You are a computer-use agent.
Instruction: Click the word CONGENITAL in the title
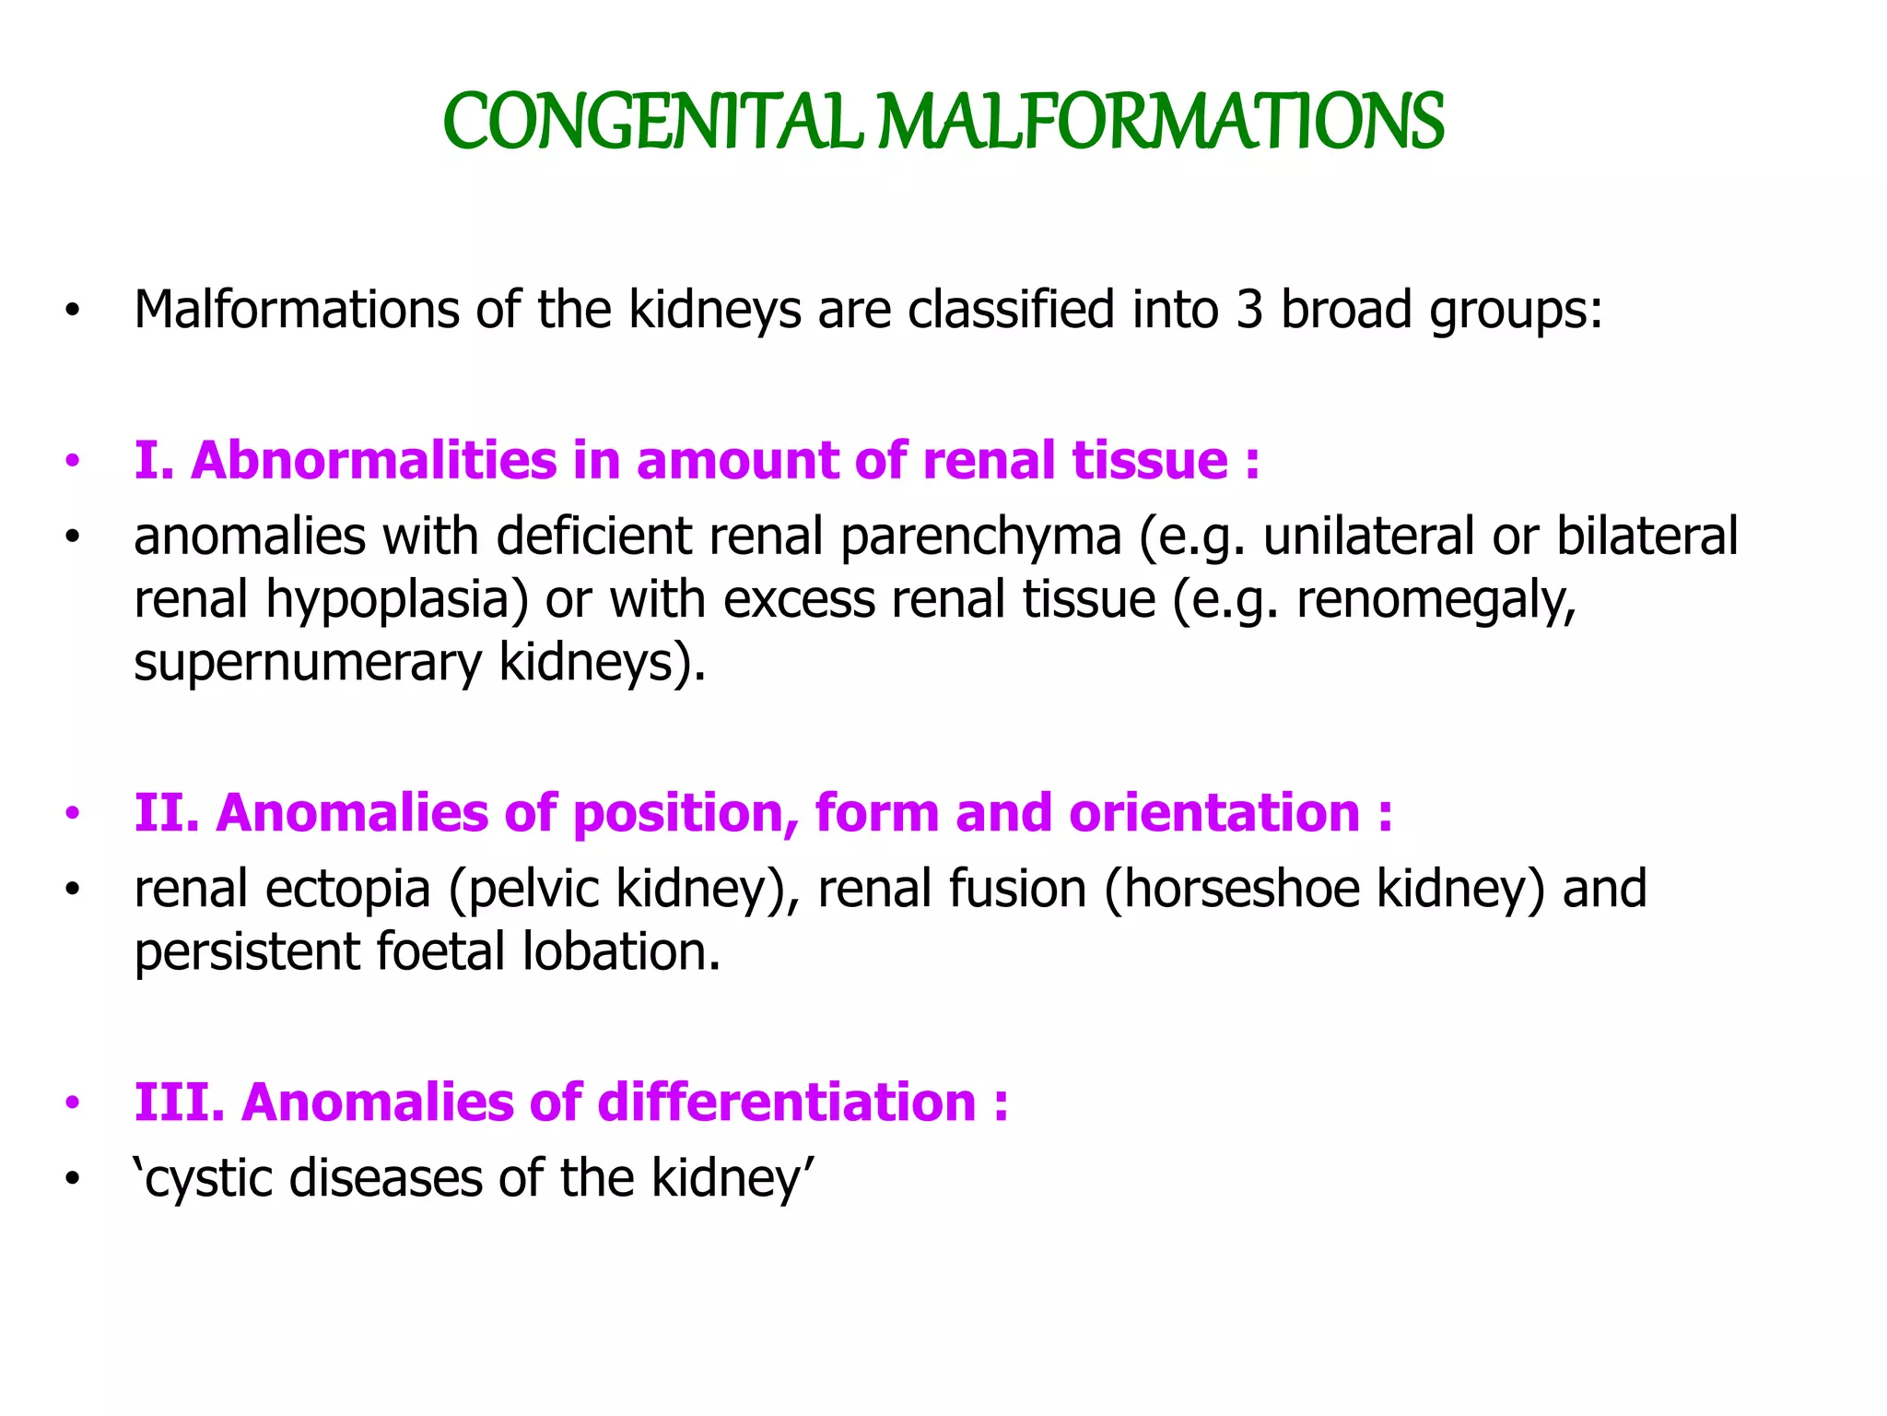(x=650, y=122)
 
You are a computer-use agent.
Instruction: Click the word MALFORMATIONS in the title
(x=1160, y=122)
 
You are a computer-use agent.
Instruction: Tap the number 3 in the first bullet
(x=1248, y=309)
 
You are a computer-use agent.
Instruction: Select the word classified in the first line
(x=1011, y=309)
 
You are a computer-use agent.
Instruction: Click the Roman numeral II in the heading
(x=167, y=812)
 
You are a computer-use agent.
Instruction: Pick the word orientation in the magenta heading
(x=1213, y=812)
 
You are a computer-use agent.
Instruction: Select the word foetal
(x=440, y=951)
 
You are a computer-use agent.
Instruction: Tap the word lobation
(x=620, y=951)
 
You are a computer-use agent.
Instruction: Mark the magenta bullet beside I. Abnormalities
(x=73, y=461)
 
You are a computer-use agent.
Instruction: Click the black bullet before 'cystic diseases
(x=73, y=1180)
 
